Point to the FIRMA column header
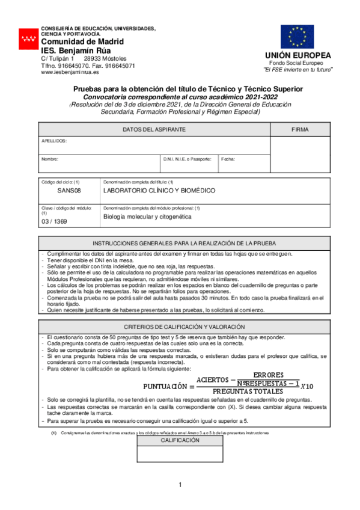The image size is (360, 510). [300, 130]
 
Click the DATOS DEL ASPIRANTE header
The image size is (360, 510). [154, 130]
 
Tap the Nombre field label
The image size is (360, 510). [49, 159]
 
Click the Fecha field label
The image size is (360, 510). [228, 159]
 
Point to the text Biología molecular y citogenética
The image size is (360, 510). [147, 216]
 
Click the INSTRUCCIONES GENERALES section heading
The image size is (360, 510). [184, 244]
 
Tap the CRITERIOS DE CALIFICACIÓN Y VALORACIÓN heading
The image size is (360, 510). [184, 326]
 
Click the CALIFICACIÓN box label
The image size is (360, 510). [180, 441]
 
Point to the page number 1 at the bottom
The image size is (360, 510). [180, 485]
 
